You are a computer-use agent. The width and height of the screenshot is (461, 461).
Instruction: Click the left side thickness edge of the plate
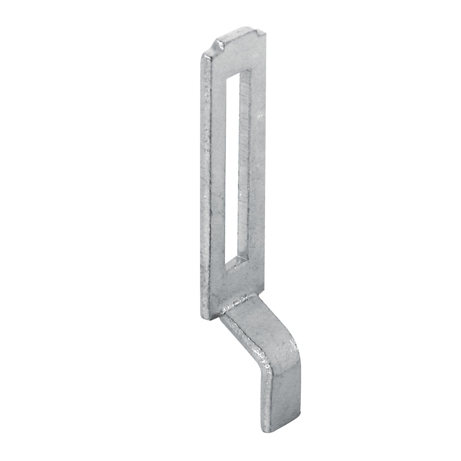(x=204, y=184)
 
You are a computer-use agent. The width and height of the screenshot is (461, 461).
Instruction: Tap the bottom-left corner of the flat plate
(x=205, y=316)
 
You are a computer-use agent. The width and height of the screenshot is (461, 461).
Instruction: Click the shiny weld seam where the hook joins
(x=237, y=303)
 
